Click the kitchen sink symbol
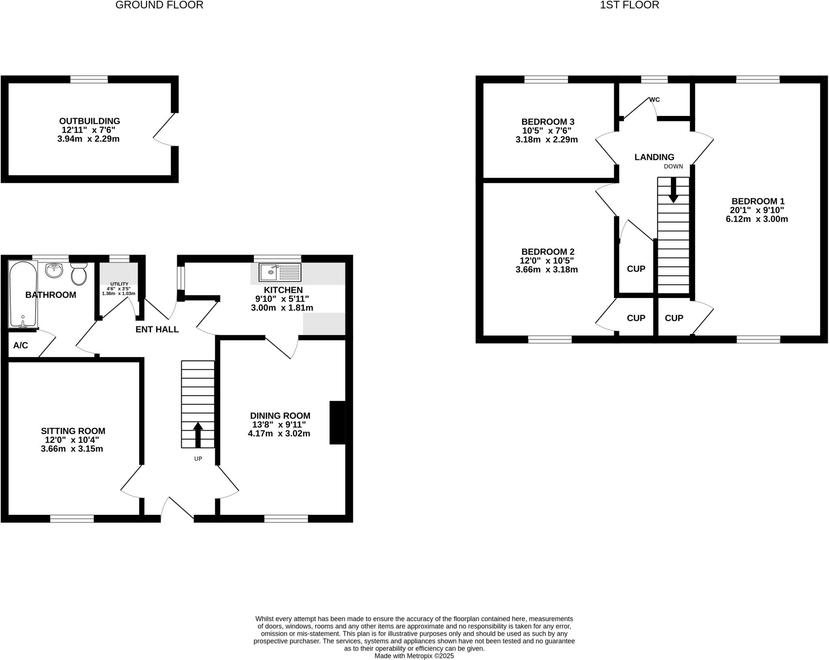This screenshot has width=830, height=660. pos(280,272)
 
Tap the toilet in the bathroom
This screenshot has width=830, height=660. pos(79,274)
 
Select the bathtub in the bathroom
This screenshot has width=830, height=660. pos(23,294)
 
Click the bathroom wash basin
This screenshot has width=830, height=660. pos(53,270)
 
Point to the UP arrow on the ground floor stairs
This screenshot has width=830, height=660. pos(198,434)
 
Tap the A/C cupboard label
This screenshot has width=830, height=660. pos(21,345)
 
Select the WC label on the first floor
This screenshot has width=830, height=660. pos(655,99)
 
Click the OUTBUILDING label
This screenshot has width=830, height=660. pos(90,121)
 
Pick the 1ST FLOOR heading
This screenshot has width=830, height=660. pos(629,5)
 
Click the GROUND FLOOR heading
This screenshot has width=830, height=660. pos(159,5)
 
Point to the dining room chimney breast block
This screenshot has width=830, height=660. pos(337,422)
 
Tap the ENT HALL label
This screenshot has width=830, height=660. pos(157,329)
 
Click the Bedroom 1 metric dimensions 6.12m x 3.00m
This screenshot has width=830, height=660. pos(757,219)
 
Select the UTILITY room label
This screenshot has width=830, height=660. pos(119,284)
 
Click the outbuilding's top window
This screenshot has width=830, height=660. pos(89,79)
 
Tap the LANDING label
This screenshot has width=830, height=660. pos(654,157)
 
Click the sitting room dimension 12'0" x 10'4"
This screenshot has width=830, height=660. pos(72,440)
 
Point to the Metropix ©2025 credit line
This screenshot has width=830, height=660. pos(414,656)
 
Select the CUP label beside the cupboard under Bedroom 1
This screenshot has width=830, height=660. pos(674,318)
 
